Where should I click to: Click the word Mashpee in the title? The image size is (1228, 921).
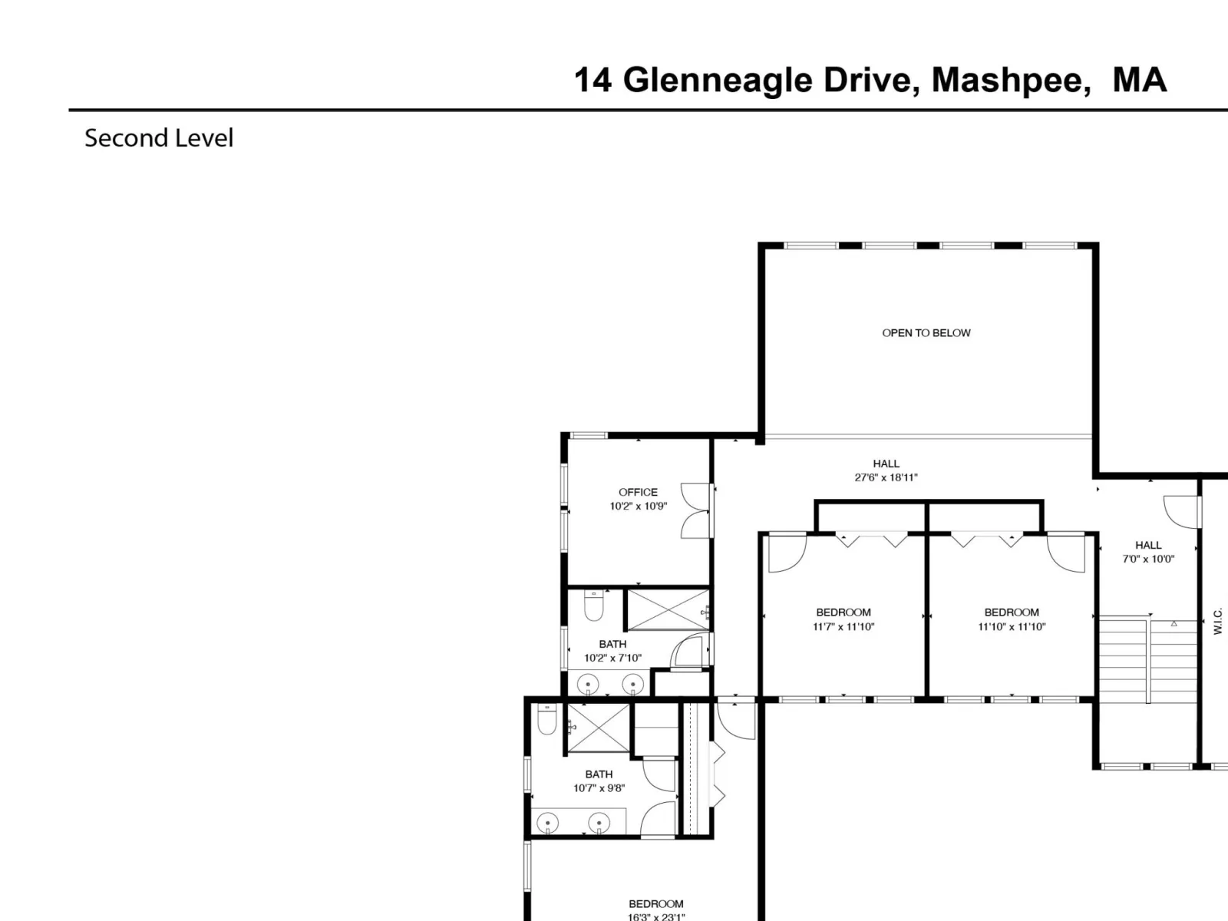tap(1011, 81)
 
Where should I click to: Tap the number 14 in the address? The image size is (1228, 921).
tap(593, 80)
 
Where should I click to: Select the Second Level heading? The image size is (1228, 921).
tap(159, 138)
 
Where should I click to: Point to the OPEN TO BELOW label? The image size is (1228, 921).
tap(926, 333)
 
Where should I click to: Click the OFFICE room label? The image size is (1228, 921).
tap(638, 492)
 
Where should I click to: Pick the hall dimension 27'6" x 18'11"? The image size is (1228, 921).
tap(886, 477)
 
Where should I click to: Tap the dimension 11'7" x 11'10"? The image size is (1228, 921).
tap(843, 627)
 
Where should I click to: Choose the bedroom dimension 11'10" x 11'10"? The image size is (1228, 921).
tap(1012, 627)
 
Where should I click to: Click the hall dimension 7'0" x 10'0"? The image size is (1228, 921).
tap(1148, 559)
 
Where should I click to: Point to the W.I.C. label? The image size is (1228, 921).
tap(1217, 621)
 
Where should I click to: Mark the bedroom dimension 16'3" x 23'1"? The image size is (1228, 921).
tap(655, 916)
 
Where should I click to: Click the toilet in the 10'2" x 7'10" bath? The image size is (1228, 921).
tap(593, 605)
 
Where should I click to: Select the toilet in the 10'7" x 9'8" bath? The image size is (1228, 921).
tap(546, 719)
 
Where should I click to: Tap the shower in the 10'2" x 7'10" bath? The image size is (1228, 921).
tap(668, 609)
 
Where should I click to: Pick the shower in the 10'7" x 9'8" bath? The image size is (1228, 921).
tap(599, 728)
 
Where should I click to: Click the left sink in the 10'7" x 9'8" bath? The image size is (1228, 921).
tap(548, 823)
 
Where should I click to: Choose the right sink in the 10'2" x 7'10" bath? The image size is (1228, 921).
tap(632, 684)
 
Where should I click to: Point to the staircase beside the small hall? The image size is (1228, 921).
tap(1148, 659)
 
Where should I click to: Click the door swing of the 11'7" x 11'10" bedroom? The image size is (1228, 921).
tap(787, 553)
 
